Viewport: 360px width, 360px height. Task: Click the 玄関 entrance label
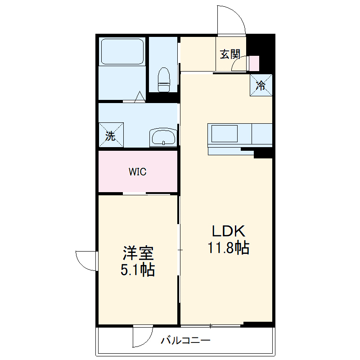pyautogui.click(x=230, y=54)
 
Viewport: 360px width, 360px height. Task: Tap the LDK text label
pyautogui.click(x=229, y=231)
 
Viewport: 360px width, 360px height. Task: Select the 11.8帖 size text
pyautogui.click(x=229, y=247)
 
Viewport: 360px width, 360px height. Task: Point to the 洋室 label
pyautogui.click(x=138, y=253)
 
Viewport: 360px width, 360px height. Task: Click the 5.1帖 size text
pyautogui.click(x=138, y=270)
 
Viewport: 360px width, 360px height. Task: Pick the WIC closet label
pyautogui.click(x=138, y=172)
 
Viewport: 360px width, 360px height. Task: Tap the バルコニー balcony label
pyautogui.click(x=185, y=340)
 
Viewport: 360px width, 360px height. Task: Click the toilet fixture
pyautogui.click(x=164, y=80)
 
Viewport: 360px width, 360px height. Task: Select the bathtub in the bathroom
pyautogui.click(x=122, y=51)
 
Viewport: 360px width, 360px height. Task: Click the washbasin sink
pyautogui.click(x=163, y=137)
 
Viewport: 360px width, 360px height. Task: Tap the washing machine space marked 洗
pyautogui.click(x=111, y=135)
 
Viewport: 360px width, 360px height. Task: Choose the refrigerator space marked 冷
pyautogui.click(x=261, y=85)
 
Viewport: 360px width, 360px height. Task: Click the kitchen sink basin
pyautogui.click(x=224, y=134)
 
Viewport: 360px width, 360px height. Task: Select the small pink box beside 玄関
pyautogui.click(x=254, y=63)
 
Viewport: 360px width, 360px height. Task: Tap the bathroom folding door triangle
pyautogui.click(x=139, y=97)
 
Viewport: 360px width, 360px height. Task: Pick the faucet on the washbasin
pyautogui.click(x=163, y=143)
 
